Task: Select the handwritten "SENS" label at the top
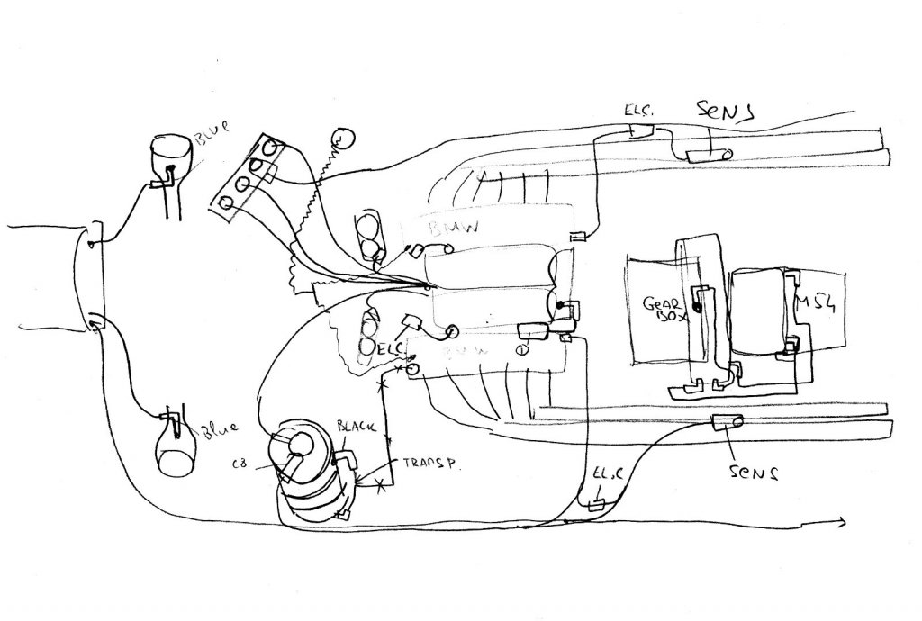[x=726, y=111]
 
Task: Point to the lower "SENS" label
[x=754, y=471]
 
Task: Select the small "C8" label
[x=240, y=464]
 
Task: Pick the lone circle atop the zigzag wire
[x=342, y=139]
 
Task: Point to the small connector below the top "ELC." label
[x=642, y=132]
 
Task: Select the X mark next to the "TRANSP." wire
[x=382, y=486]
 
